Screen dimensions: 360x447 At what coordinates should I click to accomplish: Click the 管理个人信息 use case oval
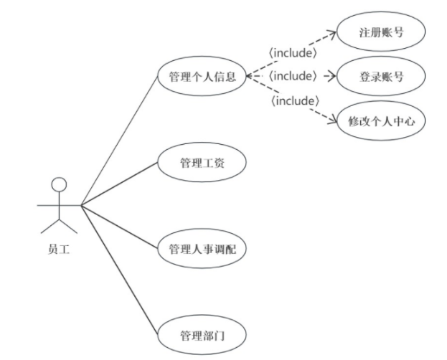202,76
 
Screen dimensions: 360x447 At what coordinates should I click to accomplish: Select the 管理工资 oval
202,163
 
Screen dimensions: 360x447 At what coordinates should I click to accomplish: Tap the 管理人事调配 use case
202,250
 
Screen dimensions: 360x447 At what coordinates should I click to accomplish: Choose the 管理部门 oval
202,334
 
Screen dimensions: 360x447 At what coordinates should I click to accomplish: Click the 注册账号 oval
381,33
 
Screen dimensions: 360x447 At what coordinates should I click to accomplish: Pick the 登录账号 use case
381,76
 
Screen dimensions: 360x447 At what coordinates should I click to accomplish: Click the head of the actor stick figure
59,184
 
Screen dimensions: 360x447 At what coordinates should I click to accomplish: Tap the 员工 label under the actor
59,250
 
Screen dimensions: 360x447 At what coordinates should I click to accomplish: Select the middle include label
293,75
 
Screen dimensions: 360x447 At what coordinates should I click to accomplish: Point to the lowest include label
293,100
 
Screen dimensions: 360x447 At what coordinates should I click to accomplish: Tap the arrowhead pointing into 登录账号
332,75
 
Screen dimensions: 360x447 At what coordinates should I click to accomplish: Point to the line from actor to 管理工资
119,185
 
